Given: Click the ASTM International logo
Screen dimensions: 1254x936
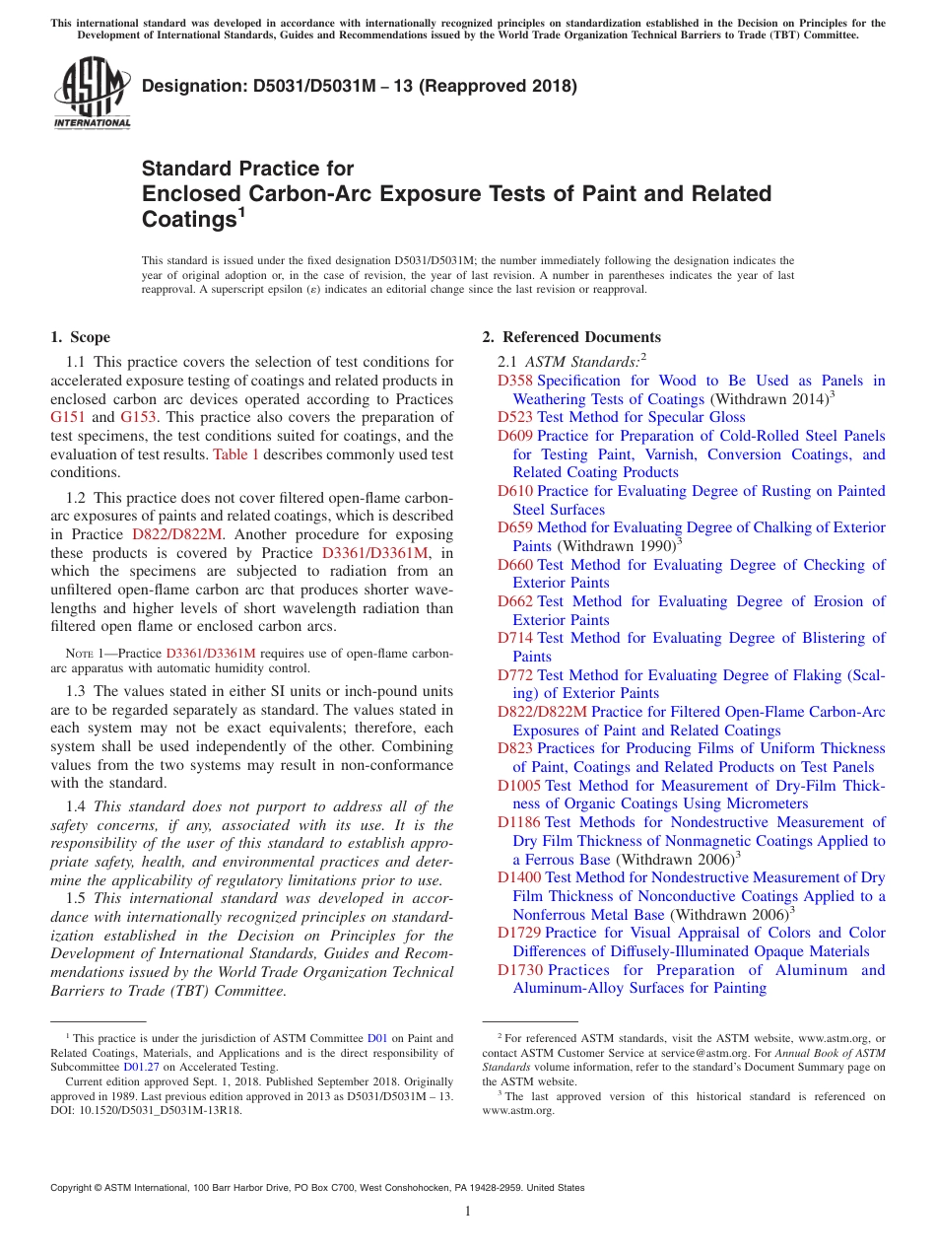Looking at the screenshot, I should (92, 95).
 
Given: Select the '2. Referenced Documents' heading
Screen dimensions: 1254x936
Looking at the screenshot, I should (570, 337).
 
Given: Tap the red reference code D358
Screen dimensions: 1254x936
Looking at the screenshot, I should (515, 381).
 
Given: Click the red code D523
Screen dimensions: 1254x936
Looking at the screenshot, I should (515, 417).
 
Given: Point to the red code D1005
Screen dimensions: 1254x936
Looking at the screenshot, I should (519, 786).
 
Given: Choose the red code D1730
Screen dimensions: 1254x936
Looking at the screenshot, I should (519, 970).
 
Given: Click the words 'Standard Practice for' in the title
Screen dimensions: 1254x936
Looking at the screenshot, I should (247, 169).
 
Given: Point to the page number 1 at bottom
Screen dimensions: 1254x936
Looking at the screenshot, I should (468, 1212).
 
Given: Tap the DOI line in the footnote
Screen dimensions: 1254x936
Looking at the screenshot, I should (146, 1110).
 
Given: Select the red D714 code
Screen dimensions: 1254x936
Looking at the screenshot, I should (515, 638).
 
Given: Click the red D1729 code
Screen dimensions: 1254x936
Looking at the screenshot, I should (519, 933).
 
